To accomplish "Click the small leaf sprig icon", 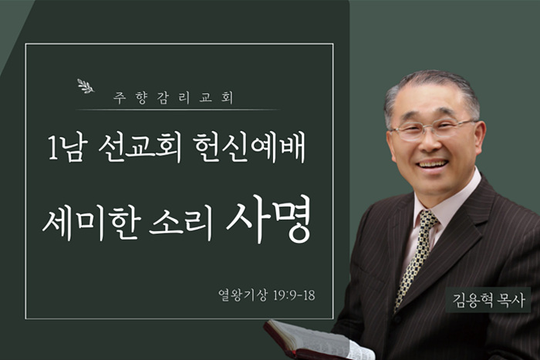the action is [86, 86].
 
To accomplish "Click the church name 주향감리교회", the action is [174, 97].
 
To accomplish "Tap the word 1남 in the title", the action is [66, 148].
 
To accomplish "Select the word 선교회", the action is [140, 148].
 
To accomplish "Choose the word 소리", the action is [181, 224].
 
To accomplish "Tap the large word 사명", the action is [268, 219].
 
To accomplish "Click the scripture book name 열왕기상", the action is [242, 295].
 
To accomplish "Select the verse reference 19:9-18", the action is [294, 295].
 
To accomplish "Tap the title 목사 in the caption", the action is [511, 300].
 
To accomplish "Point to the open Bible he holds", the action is [318, 341].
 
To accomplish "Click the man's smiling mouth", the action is [432, 163].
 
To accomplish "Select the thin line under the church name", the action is [178, 109].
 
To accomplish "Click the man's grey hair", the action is [432, 88].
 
